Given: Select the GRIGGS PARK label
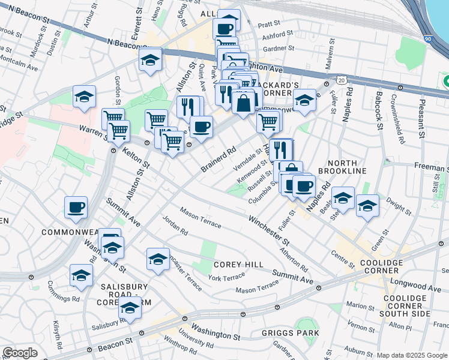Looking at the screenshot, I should (x=291, y=333).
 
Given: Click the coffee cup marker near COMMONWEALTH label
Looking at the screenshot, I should (x=76, y=208).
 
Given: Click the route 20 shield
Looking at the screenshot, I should (x=341, y=79).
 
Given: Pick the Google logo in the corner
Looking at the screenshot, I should (x=20, y=353).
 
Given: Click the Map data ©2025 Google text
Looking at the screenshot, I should (x=412, y=355).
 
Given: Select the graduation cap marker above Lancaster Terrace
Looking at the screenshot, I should (x=158, y=259).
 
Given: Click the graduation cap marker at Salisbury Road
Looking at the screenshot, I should (x=130, y=308).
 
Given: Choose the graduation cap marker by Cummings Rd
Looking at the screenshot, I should (x=81, y=275).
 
